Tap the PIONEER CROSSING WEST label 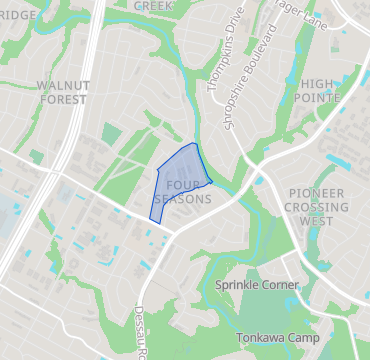(317, 206)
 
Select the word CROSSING (317, 206)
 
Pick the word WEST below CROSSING (317, 220)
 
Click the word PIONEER (317, 192)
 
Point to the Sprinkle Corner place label (257, 285)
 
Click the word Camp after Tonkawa (301, 337)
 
